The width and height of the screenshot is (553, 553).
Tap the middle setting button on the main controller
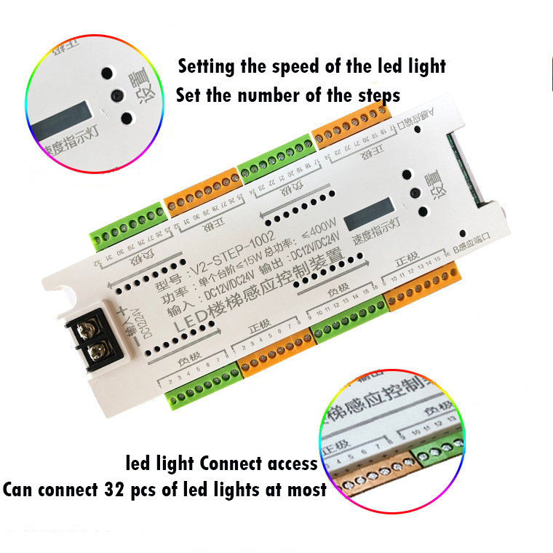tap(415, 193)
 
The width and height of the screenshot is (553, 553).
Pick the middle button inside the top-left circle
tap(115, 94)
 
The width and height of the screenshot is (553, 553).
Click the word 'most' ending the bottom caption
tap(306, 489)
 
